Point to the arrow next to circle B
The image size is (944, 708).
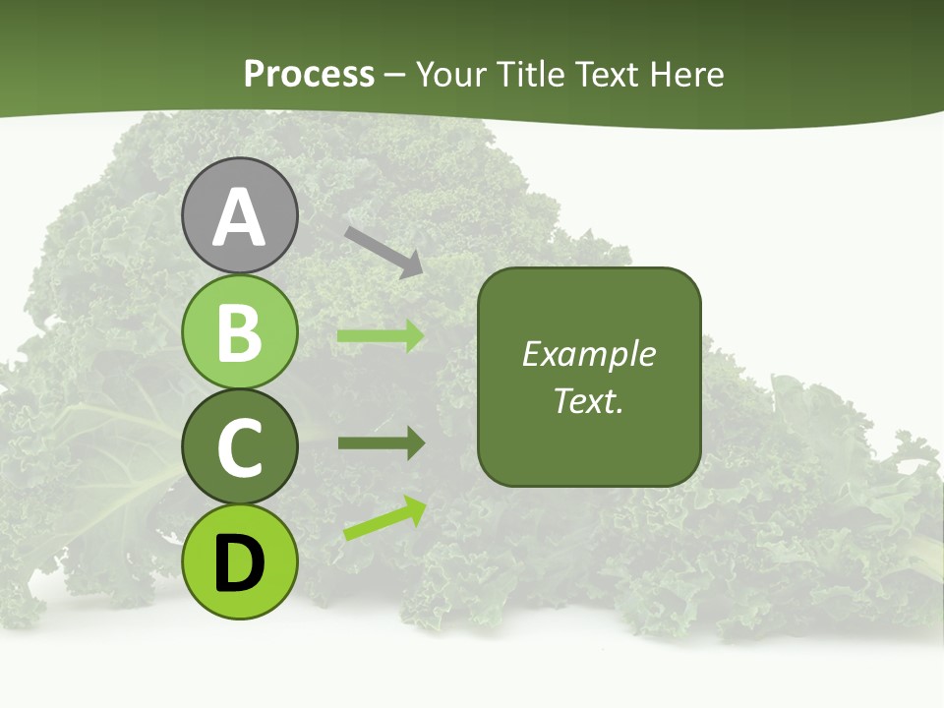pos(381,336)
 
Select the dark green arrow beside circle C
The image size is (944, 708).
pos(381,442)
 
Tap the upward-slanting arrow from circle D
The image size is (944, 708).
pos(384,518)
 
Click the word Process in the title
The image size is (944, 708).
pos(309,75)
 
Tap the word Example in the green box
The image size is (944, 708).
pos(588,354)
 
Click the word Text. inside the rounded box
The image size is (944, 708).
pos(588,401)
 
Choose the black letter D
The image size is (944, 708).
pos(239,563)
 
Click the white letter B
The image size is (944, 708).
pos(239,331)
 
